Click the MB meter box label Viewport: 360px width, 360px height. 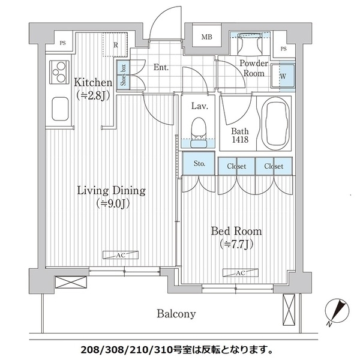pyautogui.click(x=206, y=37)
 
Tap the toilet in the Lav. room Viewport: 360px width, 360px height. pyautogui.click(x=199, y=133)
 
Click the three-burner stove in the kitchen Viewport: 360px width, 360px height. pyautogui.click(x=59, y=72)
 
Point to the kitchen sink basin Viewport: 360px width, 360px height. pyautogui.click(x=60, y=109)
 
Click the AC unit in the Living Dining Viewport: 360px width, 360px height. pyautogui.click(x=121, y=255)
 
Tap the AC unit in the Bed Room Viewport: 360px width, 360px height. pyautogui.click(x=241, y=273)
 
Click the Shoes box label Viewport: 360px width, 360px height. pyautogui.click(x=123, y=75)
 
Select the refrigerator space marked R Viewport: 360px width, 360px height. pyautogui.click(x=115, y=44)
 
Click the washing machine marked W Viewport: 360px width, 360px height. pyautogui.click(x=283, y=76)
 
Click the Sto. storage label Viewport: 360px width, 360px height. pyautogui.click(x=199, y=163)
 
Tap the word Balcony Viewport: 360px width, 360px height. pyautogui.click(x=176, y=314)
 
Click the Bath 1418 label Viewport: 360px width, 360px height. pyautogui.click(x=240, y=135)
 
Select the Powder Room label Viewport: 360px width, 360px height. pyautogui.click(x=254, y=68)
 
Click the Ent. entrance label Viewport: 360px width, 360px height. pyautogui.click(x=161, y=67)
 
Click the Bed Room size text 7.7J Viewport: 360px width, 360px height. pyautogui.click(x=236, y=244)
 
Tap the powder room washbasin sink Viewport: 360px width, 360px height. pyautogui.click(x=250, y=43)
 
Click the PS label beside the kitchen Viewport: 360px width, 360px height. pyautogui.click(x=62, y=43)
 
